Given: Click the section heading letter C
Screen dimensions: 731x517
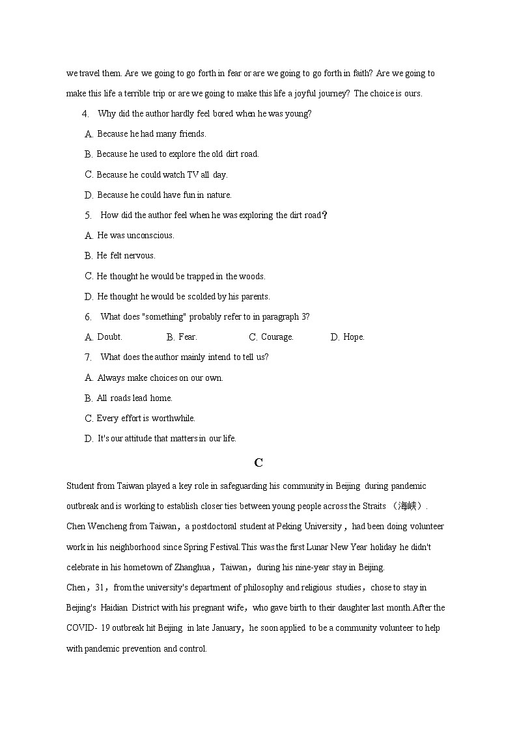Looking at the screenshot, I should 258,463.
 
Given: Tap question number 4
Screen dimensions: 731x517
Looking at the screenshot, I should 85,114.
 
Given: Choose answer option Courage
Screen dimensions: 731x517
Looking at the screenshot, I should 277,337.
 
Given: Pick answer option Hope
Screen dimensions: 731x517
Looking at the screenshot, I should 354,337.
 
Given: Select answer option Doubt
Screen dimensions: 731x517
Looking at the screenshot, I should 109,337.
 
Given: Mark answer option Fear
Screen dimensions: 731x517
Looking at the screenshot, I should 188,337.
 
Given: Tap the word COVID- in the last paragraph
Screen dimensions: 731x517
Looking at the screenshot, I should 81,628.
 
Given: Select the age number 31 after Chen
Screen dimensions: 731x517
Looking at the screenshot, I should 101,588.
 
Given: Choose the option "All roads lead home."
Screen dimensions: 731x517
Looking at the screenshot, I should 134,398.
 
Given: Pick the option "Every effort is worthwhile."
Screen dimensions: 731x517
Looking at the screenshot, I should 146,419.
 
